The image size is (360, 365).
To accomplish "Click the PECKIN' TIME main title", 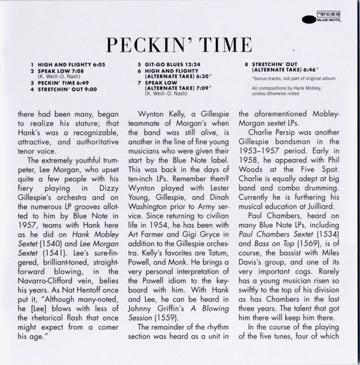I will pyautogui.click(x=180, y=47).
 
